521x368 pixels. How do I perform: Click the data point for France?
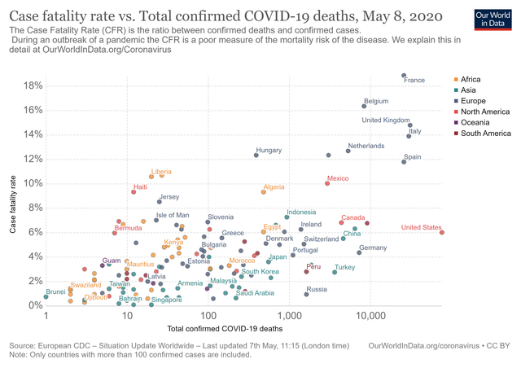pyautogui.click(x=404, y=76)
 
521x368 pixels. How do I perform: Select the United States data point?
pyautogui.click(x=442, y=232)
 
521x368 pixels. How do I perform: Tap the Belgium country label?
pyautogui.click(x=376, y=101)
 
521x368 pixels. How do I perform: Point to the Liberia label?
pyautogui.click(x=161, y=172)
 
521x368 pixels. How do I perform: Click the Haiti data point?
pyautogui.click(x=134, y=191)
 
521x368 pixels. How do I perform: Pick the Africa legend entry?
pyautogui.click(x=471, y=80)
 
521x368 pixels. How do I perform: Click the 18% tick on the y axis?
pyautogui.click(x=33, y=85)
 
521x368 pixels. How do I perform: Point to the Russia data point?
pyautogui.click(x=306, y=294)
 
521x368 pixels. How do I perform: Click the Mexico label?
pyautogui.click(x=337, y=177)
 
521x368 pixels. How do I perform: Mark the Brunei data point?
pyautogui.click(x=46, y=297)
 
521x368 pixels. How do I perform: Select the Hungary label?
pyautogui.click(x=269, y=150)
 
